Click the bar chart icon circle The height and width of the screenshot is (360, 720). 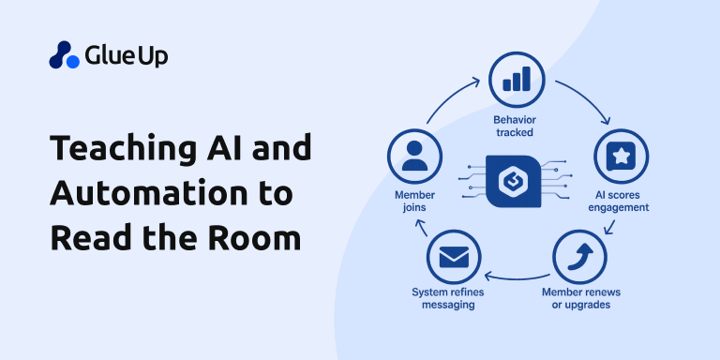tap(517, 78)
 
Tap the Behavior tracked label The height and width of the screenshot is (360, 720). tap(517, 127)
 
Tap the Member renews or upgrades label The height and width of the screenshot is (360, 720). tap(580, 298)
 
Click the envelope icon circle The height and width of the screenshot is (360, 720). tap(453, 256)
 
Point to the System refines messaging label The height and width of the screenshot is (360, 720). tap(453, 298)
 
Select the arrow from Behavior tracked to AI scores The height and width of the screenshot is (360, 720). tap(586, 101)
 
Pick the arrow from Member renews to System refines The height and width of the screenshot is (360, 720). tap(516, 277)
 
